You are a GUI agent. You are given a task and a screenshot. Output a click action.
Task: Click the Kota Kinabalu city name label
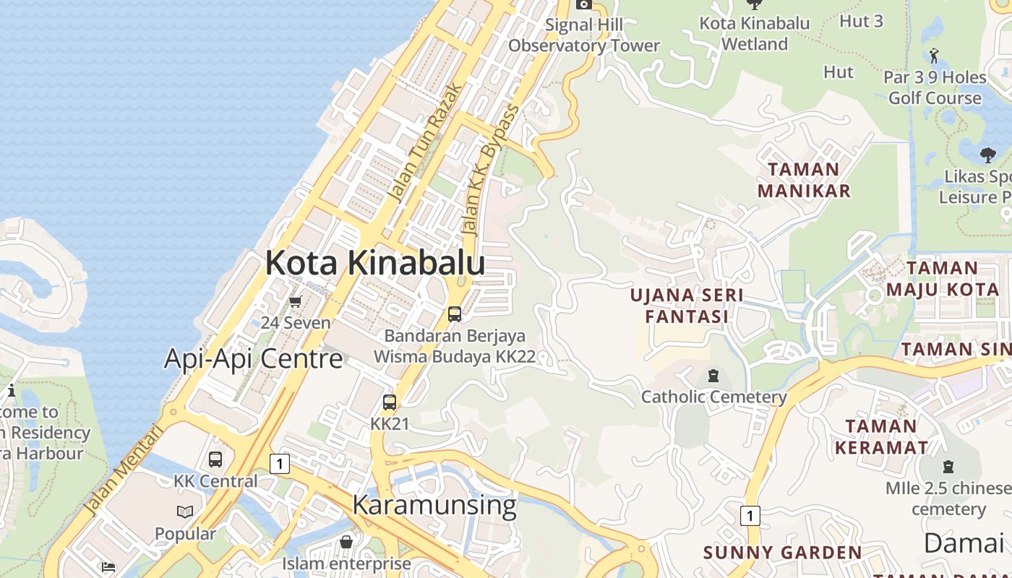point(374,263)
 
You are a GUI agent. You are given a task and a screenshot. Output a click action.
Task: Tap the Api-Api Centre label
point(253,358)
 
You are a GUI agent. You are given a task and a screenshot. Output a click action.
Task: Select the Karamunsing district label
point(434,504)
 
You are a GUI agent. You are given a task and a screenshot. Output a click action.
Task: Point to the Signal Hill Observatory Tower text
point(584,35)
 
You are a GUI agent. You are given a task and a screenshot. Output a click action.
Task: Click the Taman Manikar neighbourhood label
point(804,180)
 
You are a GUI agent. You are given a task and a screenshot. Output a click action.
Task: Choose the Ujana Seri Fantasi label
point(686,306)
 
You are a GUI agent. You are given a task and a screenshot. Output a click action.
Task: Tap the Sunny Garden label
point(782,553)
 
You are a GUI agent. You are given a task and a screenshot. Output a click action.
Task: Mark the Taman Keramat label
point(881,436)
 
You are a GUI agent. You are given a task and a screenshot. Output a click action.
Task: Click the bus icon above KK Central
point(215,460)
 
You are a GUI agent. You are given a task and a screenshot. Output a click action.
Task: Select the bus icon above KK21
point(390,402)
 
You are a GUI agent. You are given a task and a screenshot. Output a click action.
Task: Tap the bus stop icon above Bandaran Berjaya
point(455,314)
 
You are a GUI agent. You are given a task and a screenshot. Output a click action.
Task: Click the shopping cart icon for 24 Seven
point(295,301)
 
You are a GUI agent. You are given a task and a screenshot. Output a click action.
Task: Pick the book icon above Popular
point(185,512)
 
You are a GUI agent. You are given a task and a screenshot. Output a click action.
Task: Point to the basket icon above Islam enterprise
point(346,542)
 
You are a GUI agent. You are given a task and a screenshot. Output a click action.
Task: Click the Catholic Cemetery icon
point(713,376)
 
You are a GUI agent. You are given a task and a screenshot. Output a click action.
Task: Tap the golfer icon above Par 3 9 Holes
point(934,55)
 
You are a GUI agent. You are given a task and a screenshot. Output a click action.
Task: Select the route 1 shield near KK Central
point(280,463)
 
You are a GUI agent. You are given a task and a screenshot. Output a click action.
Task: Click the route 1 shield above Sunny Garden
point(750,515)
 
